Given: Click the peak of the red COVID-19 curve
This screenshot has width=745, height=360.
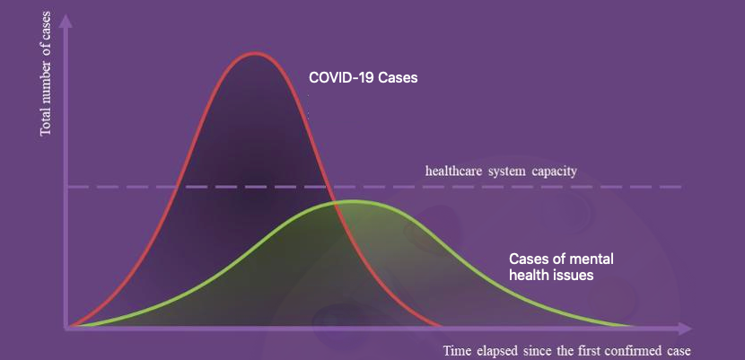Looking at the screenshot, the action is pos(255,53).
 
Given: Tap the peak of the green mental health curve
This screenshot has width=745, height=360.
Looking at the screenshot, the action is pos(353,201).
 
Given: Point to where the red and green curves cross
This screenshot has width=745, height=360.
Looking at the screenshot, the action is pos(335,203).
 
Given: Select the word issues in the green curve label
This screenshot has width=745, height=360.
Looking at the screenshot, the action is pos(575,275).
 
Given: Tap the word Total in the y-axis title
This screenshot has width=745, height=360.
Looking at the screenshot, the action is pos(46,124).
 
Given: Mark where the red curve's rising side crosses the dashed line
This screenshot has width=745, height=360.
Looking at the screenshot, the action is pos(177,187).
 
